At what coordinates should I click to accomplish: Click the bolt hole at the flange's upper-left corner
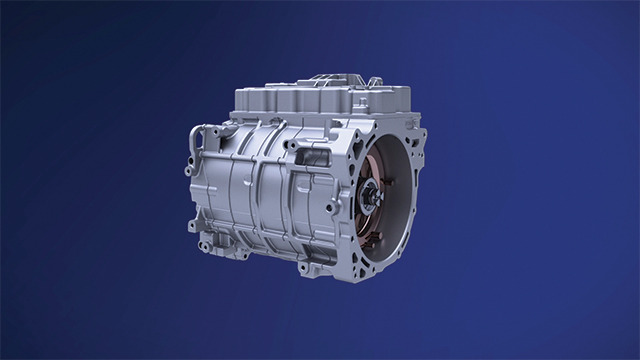351,130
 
